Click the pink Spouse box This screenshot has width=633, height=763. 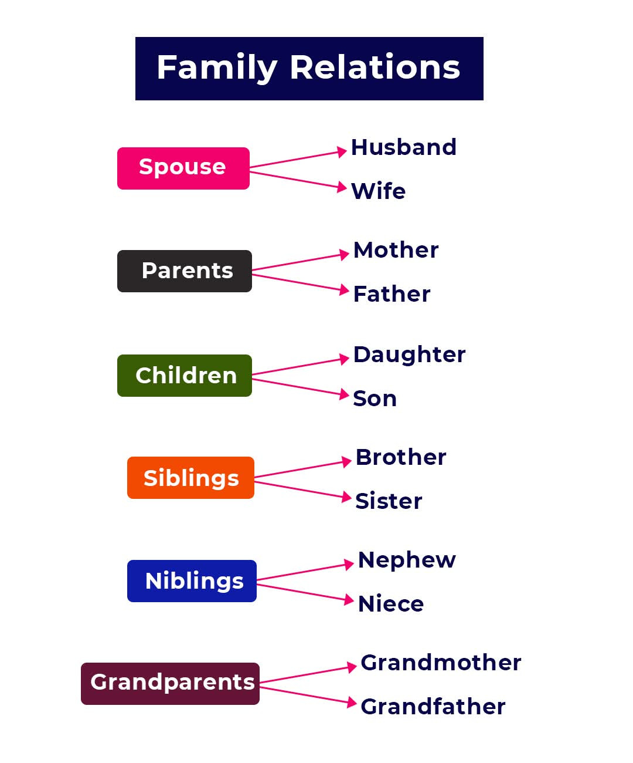(x=183, y=168)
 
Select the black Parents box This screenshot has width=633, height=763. (x=184, y=271)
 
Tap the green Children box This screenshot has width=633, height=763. (x=184, y=375)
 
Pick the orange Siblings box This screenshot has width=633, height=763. (x=190, y=478)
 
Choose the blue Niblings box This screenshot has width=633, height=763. (x=192, y=580)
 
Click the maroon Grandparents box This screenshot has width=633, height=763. (x=170, y=684)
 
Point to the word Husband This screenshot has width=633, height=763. (x=403, y=147)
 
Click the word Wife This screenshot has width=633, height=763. (x=379, y=191)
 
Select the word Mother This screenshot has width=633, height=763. (x=396, y=250)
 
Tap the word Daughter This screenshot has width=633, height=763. (x=409, y=355)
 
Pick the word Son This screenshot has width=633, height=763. (x=375, y=398)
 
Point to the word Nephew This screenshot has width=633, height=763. (x=407, y=561)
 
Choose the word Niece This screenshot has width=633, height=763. (x=391, y=603)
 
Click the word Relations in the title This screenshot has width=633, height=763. (x=375, y=67)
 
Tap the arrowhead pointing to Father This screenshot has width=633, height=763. (x=343, y=289)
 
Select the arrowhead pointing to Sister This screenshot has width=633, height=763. (x=346, y=497)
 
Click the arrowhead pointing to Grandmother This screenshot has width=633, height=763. (x=351, y=667)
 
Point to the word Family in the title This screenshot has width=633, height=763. (x=217, y=68)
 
